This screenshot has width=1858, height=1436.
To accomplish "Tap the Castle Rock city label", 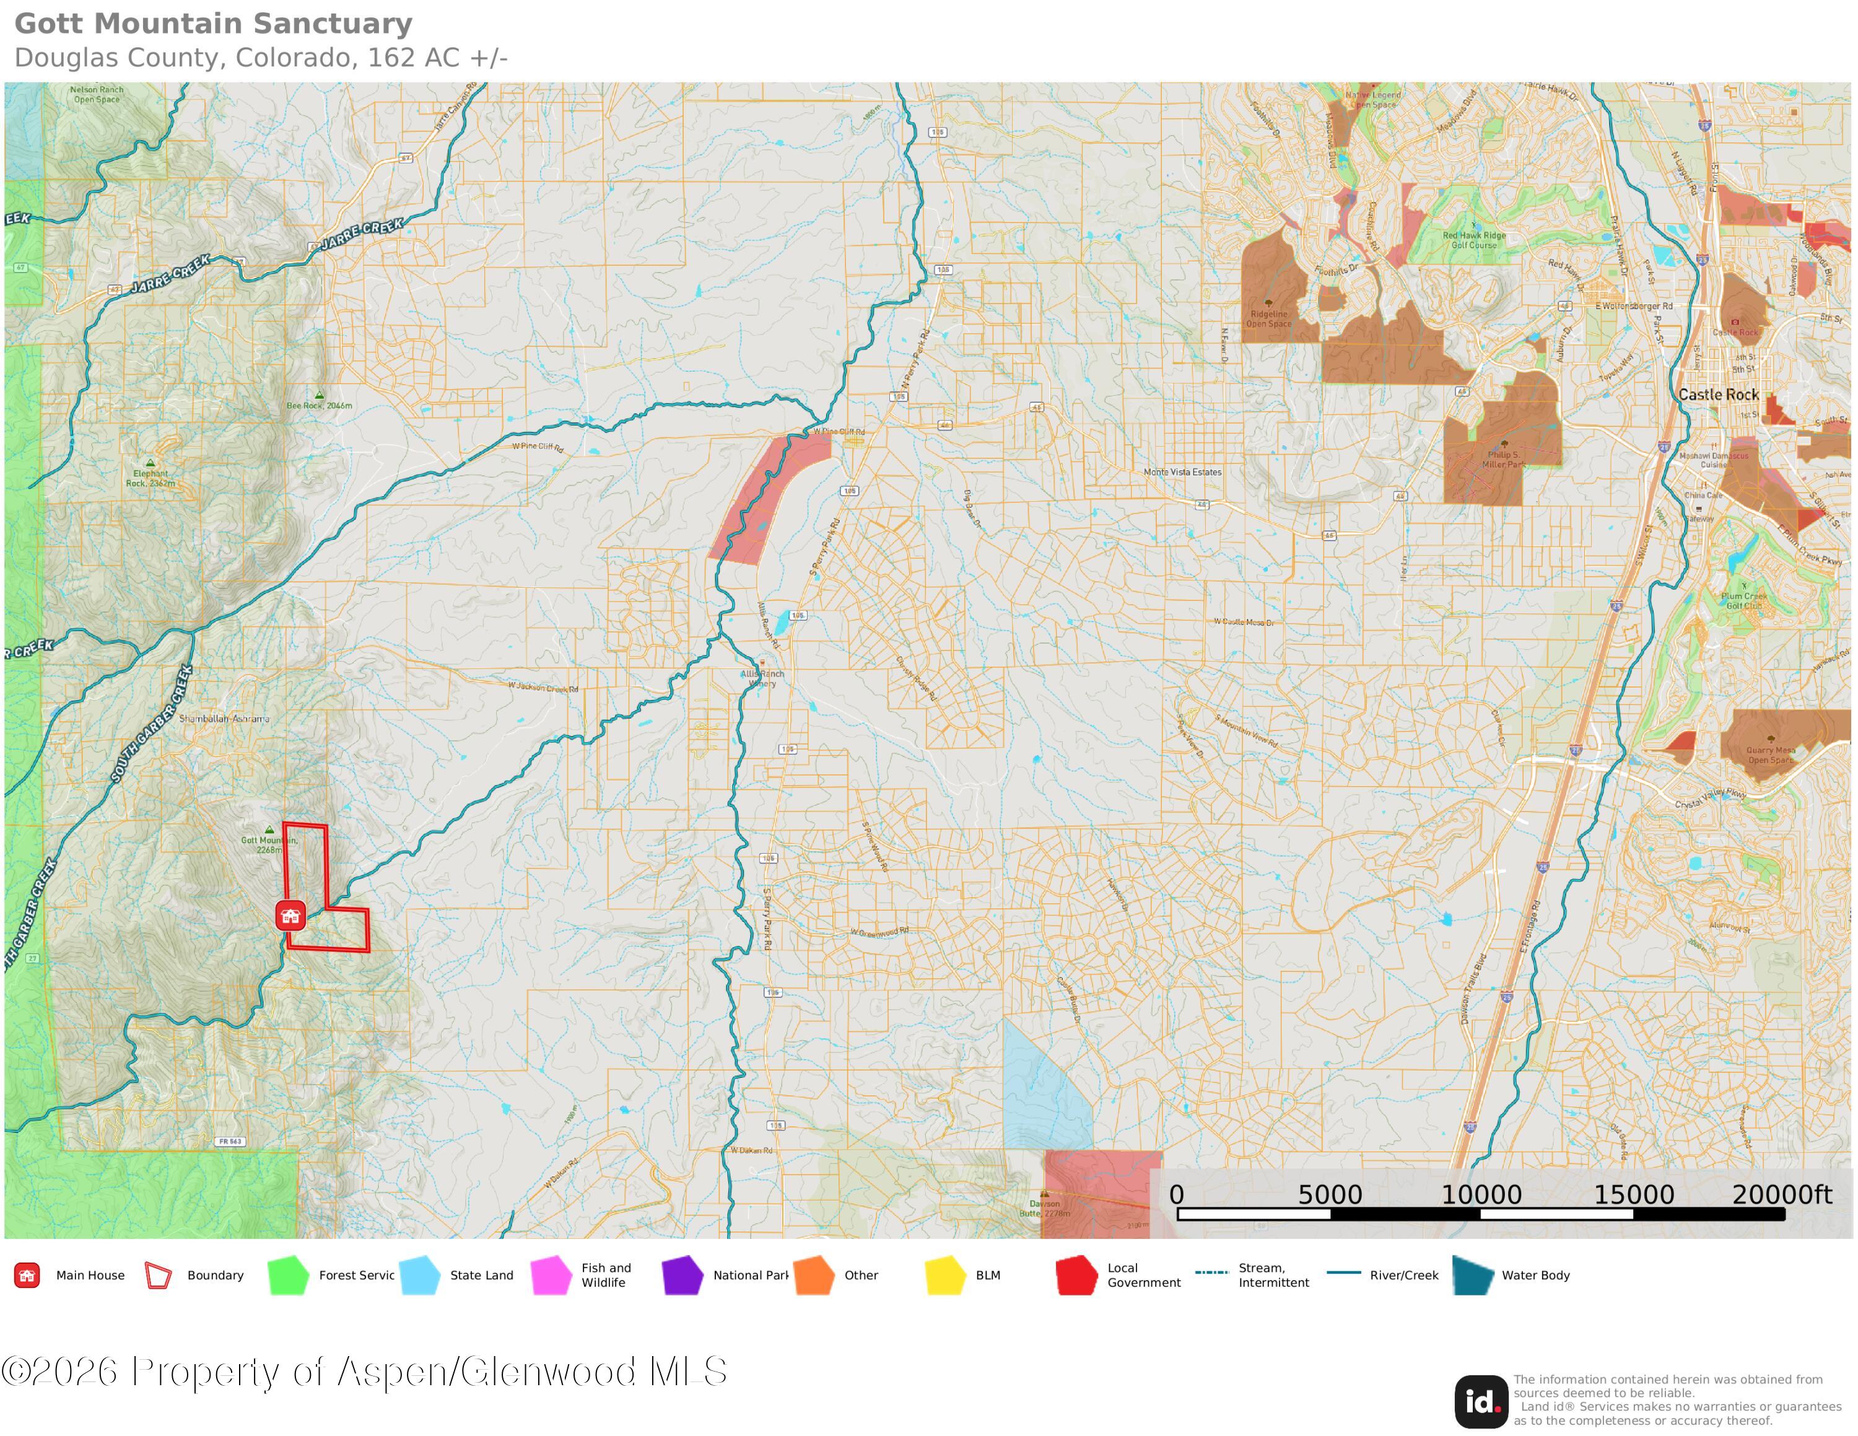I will [1717, 395].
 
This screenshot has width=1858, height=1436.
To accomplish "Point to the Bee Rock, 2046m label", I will [319, 405].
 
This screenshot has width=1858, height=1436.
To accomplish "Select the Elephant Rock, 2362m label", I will [150, 478].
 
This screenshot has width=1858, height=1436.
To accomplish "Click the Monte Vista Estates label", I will [1182, 472].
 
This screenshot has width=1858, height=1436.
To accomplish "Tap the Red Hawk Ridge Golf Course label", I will [1473, 240].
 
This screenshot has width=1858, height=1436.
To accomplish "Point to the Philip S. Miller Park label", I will [1503, 460].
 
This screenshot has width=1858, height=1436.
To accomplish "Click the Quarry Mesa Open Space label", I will [1771, 755].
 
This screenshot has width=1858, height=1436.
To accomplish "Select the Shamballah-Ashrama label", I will [224, 719].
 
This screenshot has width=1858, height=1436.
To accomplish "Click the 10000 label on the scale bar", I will [1480, 1194].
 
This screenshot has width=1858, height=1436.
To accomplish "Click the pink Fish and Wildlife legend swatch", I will [551, 1275].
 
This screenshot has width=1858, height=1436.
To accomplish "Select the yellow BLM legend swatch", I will [944, 1275].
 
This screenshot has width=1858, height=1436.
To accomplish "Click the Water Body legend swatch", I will [1473, 1275].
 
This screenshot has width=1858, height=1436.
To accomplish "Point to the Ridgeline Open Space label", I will [1268, 318].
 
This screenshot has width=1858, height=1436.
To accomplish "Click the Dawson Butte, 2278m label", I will [1045, 1208].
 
